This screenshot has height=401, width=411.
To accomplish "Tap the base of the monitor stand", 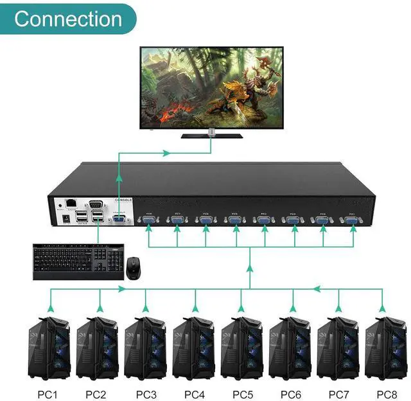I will (211, 136).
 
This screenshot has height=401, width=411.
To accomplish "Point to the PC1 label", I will (48, 393).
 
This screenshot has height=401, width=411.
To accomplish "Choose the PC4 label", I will (195, 393).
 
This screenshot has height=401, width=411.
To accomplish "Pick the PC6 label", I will (290, 393).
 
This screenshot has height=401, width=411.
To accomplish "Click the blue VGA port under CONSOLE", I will (118, 220).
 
